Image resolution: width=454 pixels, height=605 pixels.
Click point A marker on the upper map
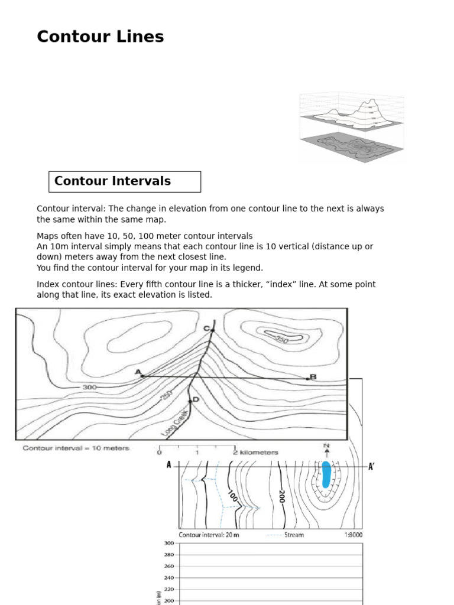click(x=142, y=375)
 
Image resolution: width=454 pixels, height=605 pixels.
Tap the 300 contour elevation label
click(x=89, y=388)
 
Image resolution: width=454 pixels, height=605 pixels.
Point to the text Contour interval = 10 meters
click(x=76, y=448)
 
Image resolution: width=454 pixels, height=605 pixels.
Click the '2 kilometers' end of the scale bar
click(x=255, y=453)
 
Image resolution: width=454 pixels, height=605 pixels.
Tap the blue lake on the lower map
click(x=326, y=475)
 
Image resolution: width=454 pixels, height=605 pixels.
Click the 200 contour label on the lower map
click(x=281, y=496)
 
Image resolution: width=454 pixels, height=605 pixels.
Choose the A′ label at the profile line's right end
click(x=371, y=466)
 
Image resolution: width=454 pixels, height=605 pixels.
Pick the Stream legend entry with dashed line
click(x=285, y=535)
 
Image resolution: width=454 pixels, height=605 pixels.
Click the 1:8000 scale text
click(x=353, y=535)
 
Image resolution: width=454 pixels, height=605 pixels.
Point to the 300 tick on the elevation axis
click(x=169, y=543)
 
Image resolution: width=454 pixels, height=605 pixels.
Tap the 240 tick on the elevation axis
click(x=169, y=578)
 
